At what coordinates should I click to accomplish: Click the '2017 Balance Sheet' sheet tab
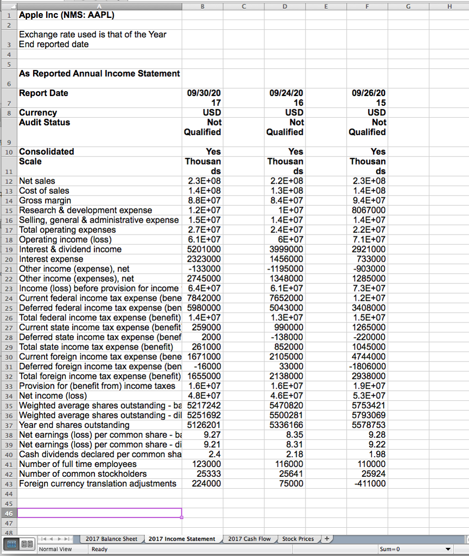coord(111,539)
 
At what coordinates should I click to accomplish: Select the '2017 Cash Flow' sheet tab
coord(249,539)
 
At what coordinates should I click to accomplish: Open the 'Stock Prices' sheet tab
coord(298,539)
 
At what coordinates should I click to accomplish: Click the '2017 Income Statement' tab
coord(182,539)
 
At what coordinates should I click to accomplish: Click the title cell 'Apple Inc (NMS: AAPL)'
coord(67,15)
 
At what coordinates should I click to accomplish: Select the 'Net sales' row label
coord(37,181)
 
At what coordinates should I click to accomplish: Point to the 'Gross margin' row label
coord(45,200)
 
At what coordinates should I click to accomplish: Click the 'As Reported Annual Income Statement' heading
coord(99,74)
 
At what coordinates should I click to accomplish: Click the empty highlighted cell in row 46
coord(99,513)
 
